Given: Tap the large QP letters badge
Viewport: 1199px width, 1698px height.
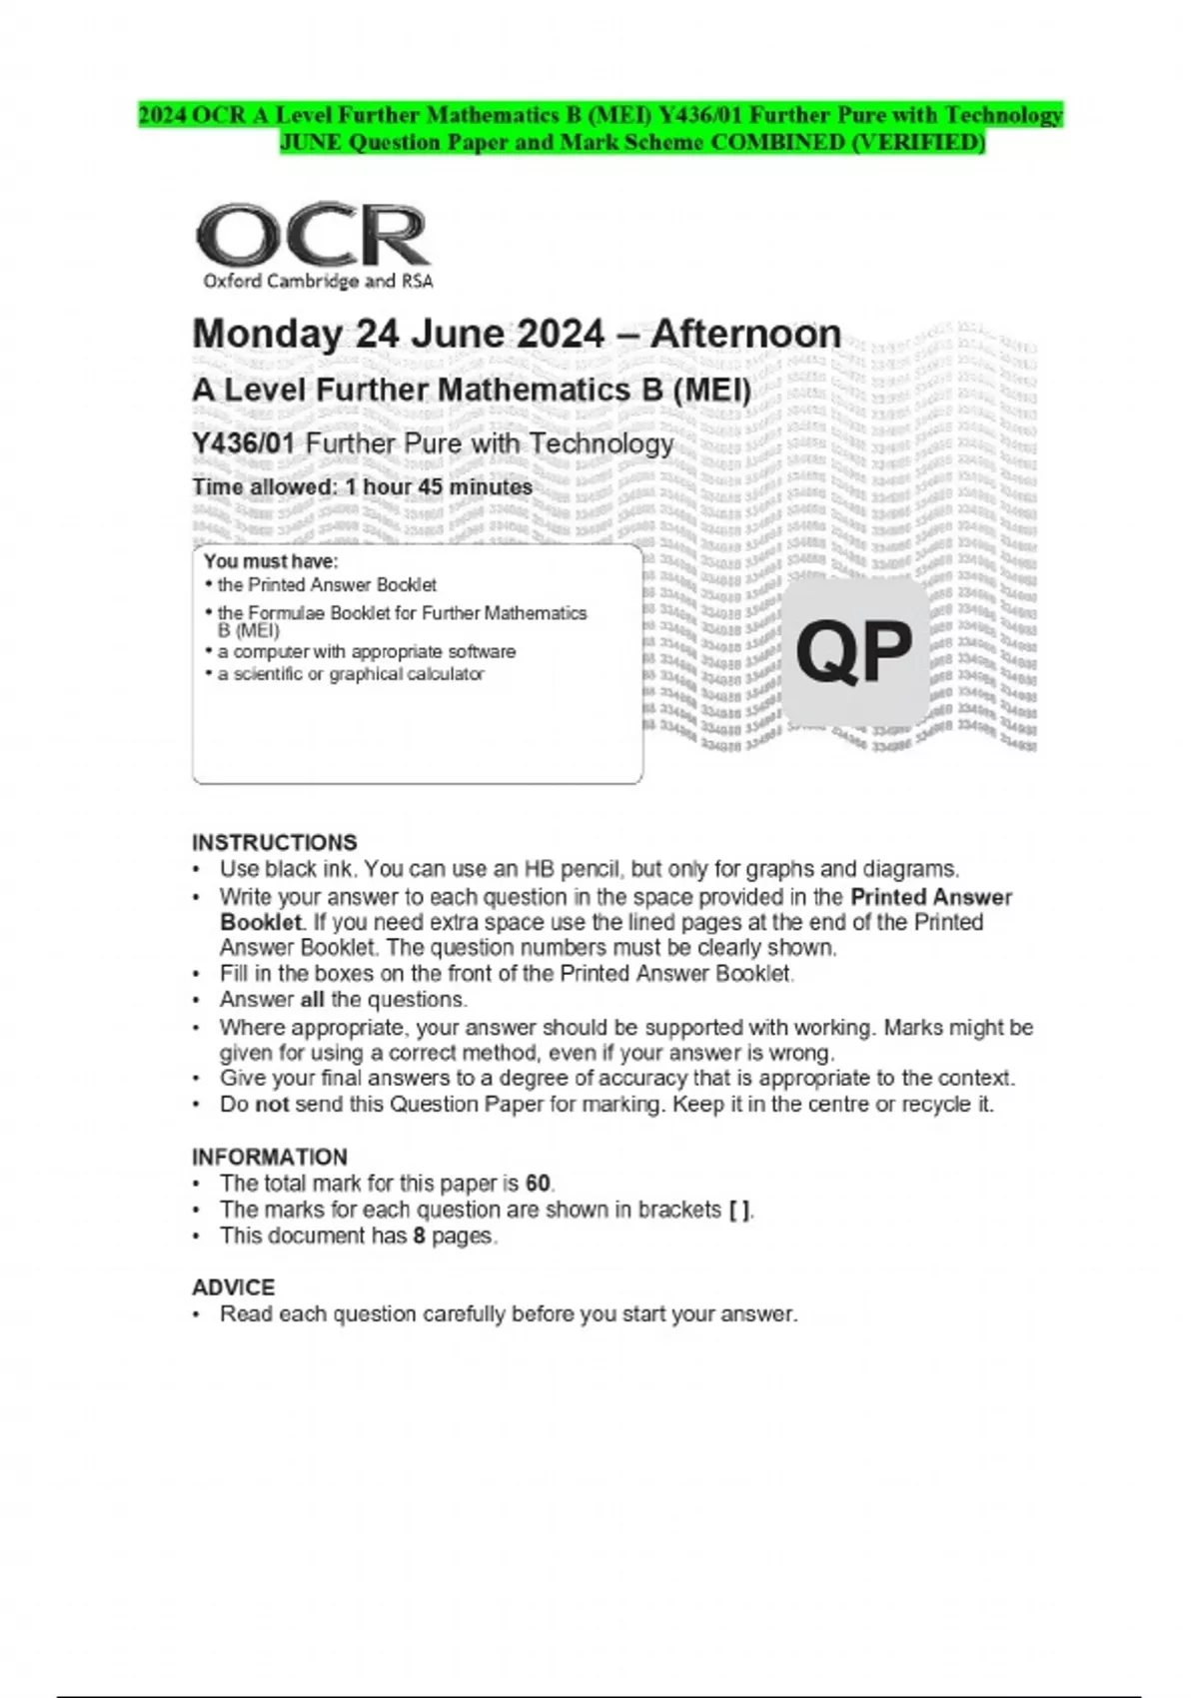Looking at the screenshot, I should click(x=854, y=652).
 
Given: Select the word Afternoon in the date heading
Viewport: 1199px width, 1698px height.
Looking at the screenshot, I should click(x=745, y=334).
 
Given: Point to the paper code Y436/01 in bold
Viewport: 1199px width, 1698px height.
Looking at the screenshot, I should click(x=243, y=443).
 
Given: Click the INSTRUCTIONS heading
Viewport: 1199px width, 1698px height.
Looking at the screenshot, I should click(x=274, y=842).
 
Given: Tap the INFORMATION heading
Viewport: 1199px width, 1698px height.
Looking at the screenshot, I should click(x=270, y=1157).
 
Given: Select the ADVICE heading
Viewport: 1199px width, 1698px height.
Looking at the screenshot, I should click(x=233, y=1287).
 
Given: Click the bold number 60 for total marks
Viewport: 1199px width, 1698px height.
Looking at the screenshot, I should click(x=538, y=1184).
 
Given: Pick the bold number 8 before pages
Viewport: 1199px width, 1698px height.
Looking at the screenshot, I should click(x=420, y=1236).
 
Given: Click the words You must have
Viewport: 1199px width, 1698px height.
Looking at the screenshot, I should click(x=271, y=561).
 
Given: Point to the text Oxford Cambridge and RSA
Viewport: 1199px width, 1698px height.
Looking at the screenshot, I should click(x=318, y=282).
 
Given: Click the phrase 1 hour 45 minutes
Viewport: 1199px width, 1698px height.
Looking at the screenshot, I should click(x=439, y=487).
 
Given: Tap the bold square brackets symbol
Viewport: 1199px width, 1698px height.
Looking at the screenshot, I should click(x=738, y=1210).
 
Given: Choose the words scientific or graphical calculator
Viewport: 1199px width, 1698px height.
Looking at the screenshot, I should click(x=359, y=674).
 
